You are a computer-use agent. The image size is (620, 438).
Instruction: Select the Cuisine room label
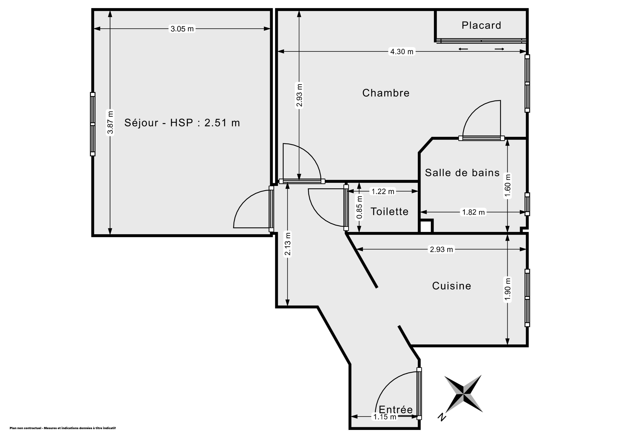(x=451, y=286)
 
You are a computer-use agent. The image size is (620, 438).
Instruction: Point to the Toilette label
(x=389, y=211)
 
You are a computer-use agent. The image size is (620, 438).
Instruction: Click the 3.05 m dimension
(x=182, y=29)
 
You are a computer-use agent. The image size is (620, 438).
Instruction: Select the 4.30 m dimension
(x=402, y=51)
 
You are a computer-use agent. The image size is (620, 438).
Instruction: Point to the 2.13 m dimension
(x=288, y=244)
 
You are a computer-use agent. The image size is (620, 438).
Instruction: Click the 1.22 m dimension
(x=383, y=191)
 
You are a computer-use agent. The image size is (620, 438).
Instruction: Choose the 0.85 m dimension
(x=359, y=207)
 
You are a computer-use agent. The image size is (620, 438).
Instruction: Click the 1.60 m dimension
(x=508, y=186)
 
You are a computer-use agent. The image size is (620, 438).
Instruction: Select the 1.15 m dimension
(x=385, y=417)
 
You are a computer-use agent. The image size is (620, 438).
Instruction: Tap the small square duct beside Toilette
(x=426, y=226)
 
